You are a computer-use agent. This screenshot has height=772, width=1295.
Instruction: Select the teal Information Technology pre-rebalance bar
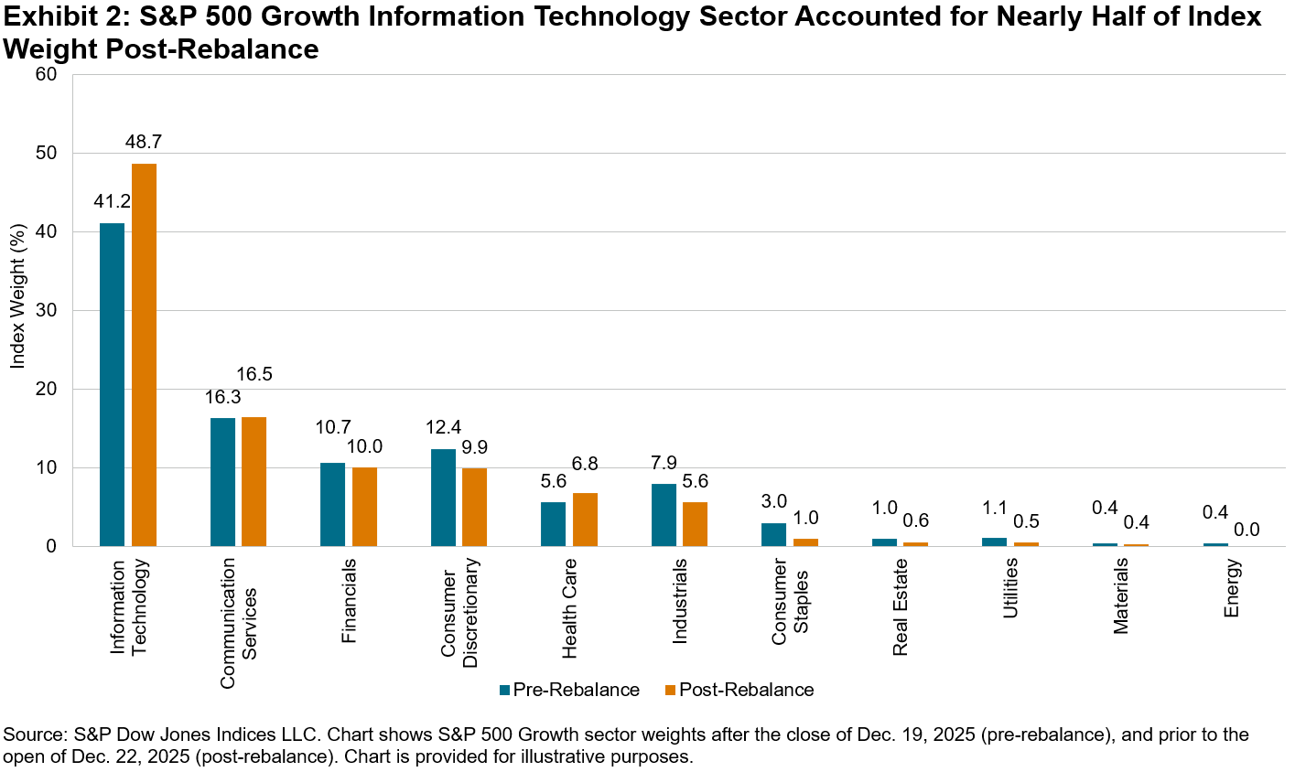pos(113,384)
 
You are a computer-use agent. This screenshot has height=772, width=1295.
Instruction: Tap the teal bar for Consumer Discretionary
pos(443,498)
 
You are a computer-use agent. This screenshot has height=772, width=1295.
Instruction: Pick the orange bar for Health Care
pos(586,520)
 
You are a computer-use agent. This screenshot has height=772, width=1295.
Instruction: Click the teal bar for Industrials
pos(664,515)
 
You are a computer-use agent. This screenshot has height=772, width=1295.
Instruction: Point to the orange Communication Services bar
pos(254,482)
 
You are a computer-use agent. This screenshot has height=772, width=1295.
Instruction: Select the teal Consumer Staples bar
pos(774,535)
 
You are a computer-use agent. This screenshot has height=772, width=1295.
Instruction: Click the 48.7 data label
pos(145,142)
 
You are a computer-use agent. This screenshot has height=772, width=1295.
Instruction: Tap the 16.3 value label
pos(222,397)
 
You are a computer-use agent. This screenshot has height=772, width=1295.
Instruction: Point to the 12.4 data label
pos(444,427)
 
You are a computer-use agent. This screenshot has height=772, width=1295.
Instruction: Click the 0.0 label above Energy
pos(1246,530)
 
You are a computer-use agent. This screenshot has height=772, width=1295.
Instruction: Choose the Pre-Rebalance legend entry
pos(569,690)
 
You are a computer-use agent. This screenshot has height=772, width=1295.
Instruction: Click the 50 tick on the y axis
pos(48,154)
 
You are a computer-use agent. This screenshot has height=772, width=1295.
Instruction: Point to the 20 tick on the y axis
pos(48,390)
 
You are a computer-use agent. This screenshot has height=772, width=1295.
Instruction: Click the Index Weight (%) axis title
pos(16,311)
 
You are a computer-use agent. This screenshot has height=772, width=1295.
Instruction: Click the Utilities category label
pos(1011,589)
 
